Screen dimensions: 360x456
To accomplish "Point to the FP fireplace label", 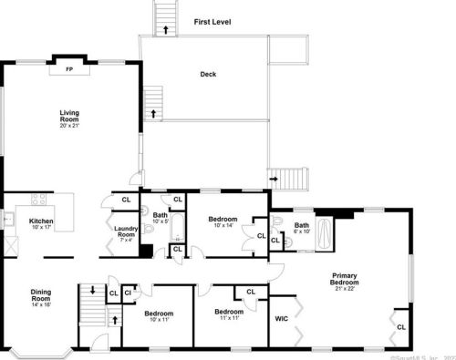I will coord(69,67).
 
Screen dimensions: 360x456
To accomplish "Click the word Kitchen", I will coord(42,221).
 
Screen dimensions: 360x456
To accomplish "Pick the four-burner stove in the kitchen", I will coord(38,199).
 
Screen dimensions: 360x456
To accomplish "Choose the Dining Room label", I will coord(41,294).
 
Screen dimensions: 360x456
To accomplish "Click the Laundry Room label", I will coord(126,232).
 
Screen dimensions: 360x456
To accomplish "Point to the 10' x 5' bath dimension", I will coord(161,221).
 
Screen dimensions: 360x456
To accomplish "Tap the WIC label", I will coord(282,319).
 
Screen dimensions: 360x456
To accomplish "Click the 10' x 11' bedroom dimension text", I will coord(159,320).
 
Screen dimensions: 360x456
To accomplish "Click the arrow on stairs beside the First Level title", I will coord(165,28).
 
